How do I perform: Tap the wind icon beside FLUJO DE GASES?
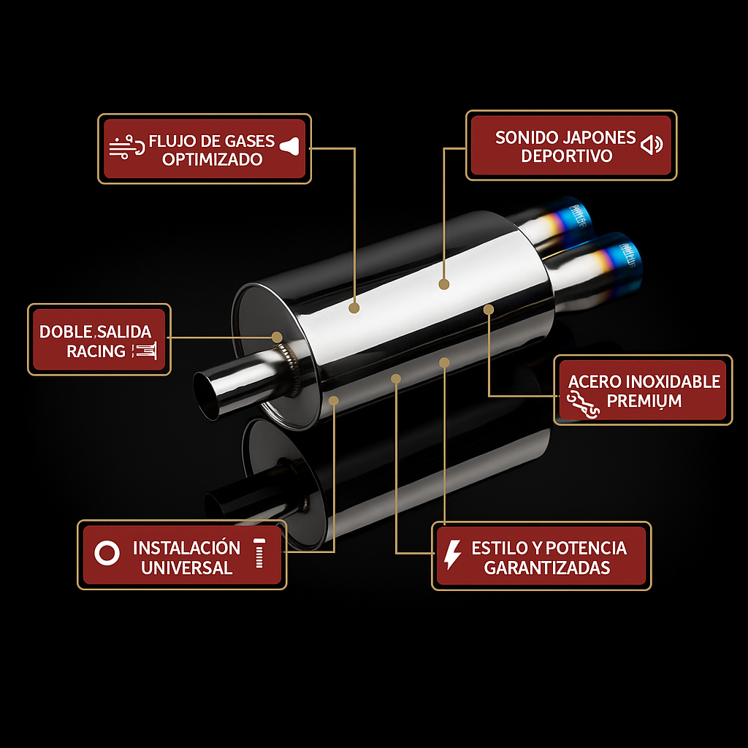click(x=126, y=146)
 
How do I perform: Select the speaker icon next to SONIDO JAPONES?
click(x=652, y=144)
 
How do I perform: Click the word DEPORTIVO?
click(x=566, y=156)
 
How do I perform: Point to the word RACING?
click(x=96, y=351)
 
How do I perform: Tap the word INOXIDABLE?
click(x=673, y=381)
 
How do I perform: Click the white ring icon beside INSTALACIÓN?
click(x=107, y=554)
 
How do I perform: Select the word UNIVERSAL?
click(x=186, y=568)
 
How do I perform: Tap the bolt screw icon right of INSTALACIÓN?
click(x=259, y=554)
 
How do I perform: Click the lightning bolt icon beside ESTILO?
click(x=452, y=554)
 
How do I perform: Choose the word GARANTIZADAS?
click(x=546, y=568)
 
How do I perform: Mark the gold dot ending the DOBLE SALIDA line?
click(x=277, y=337)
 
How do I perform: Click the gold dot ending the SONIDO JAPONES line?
click(x=443, y=284)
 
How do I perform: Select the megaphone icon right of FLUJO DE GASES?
click(x=289, y=146)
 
